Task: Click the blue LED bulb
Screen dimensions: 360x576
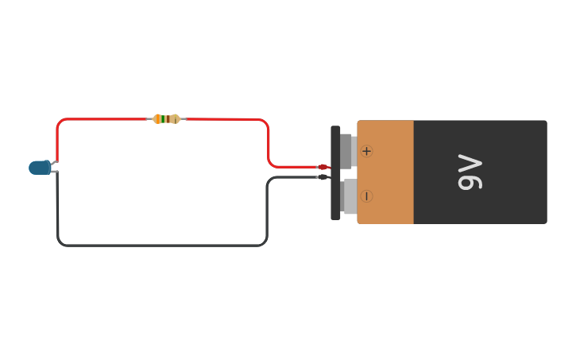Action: pyautogui.click(x=39, y=168)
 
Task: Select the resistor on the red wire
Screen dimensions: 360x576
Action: pyautogui.click(x=167, y=119)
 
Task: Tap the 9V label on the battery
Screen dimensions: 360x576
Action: pyautogui.click(x=470, y=172)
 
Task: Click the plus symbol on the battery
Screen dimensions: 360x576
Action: pyautogui.click(x=366, y=151)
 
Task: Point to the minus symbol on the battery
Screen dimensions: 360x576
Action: pyautogui.click(x=366, y=195)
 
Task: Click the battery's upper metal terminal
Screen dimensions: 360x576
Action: pyautogui.click(x=346, y=151)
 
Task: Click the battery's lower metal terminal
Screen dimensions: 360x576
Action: pyautogui.click(x=350, y=196)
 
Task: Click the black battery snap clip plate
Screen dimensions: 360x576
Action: pyautogui.click(x=335, y=172)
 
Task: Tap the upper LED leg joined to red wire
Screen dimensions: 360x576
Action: pyautogui.click(x=55, y=163)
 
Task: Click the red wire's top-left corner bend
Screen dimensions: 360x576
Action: pyautogui.click(x=60, y=122)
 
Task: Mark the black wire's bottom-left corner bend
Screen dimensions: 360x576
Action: pyautogui.click(x=60, y=242)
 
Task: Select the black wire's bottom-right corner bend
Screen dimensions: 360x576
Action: pyautogui.click(x=265, y=242)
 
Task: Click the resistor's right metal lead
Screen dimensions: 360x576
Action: pyautogui.click(x=182, y=119)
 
